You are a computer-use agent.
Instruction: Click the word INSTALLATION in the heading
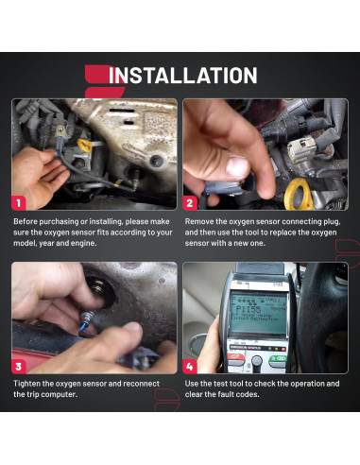tap(183, 77)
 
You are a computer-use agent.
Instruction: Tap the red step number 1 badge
tap(18, 202)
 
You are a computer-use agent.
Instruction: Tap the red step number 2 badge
tap(189, 202)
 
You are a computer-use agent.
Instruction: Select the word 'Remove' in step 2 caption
tap(201, 221)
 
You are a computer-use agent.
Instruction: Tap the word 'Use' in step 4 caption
tap(192, 383)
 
